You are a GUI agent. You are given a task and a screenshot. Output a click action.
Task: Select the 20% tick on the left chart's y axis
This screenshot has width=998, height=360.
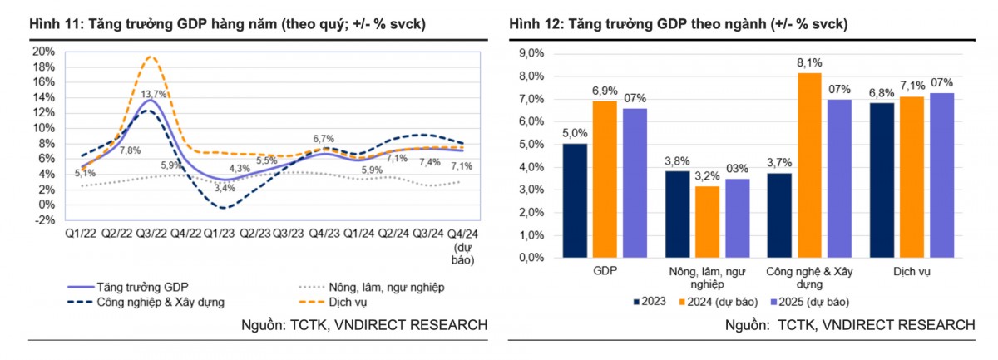43,51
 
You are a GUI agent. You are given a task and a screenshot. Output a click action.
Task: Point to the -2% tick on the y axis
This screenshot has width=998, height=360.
43,220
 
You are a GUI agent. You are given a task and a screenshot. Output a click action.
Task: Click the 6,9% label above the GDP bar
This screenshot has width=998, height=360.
604,90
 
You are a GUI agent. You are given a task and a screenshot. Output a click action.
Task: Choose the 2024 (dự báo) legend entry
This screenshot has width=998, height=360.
719,302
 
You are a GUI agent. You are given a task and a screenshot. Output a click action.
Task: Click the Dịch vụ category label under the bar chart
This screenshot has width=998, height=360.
912,272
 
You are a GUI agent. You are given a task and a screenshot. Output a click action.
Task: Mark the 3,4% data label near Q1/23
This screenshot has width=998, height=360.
225,189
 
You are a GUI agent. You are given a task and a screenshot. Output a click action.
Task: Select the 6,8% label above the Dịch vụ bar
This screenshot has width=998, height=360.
882,92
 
